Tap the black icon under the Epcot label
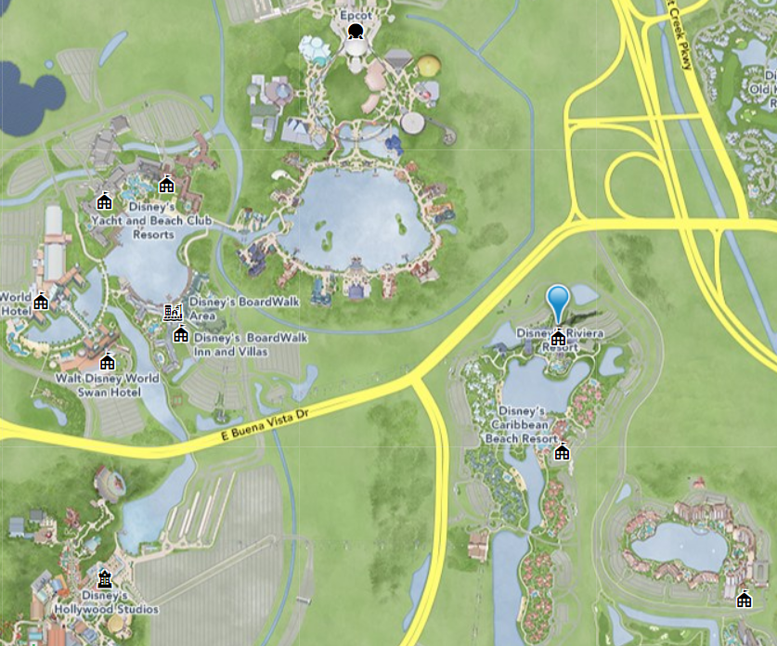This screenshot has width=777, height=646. point(354,33)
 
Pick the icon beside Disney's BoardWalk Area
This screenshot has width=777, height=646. point(172,312)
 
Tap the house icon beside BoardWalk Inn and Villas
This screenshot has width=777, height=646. point(180,335)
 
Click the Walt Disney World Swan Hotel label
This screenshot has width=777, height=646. point(107,385)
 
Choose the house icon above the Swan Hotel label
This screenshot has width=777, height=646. point(107,362)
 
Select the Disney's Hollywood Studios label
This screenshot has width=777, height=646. point(119,601)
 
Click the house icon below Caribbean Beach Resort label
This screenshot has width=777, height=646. point(562,452)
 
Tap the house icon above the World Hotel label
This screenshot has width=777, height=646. point(41,302)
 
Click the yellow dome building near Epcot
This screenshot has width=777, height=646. point(428,66)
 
